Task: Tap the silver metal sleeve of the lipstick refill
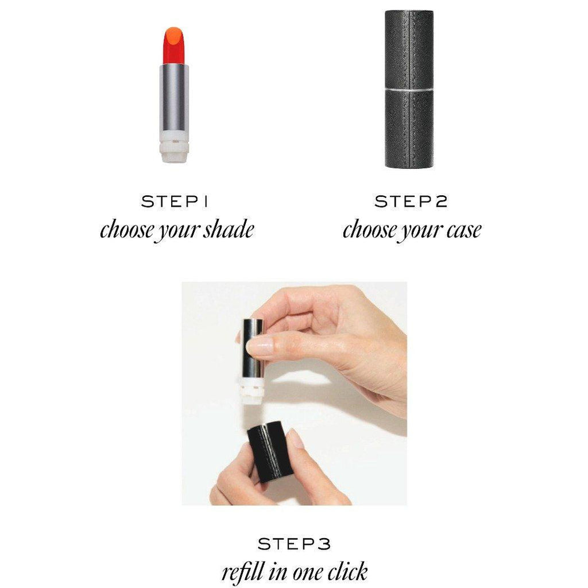tap(174, 97)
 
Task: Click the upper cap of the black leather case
tap(409, 49)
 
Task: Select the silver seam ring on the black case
tap(409, 90)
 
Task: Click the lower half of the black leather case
tap(409, 129)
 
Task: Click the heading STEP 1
tap(175, 202)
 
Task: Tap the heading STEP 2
tap(411, 202)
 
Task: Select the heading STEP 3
tap(294, 543)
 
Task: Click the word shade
tap(229, 229)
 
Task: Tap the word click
tap(347, 571)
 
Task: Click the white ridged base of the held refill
tap(252, 390)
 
